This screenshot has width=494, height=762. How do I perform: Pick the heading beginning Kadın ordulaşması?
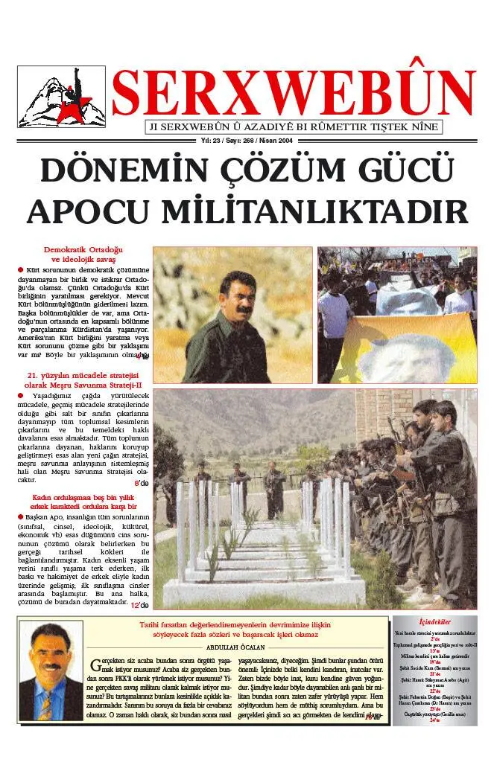(x=83, y=497)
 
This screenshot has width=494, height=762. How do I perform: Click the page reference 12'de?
(x=139, y=605)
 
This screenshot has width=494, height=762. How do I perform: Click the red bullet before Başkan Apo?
(x=20, y=516)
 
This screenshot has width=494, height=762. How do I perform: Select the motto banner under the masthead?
(x=293, y=127)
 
